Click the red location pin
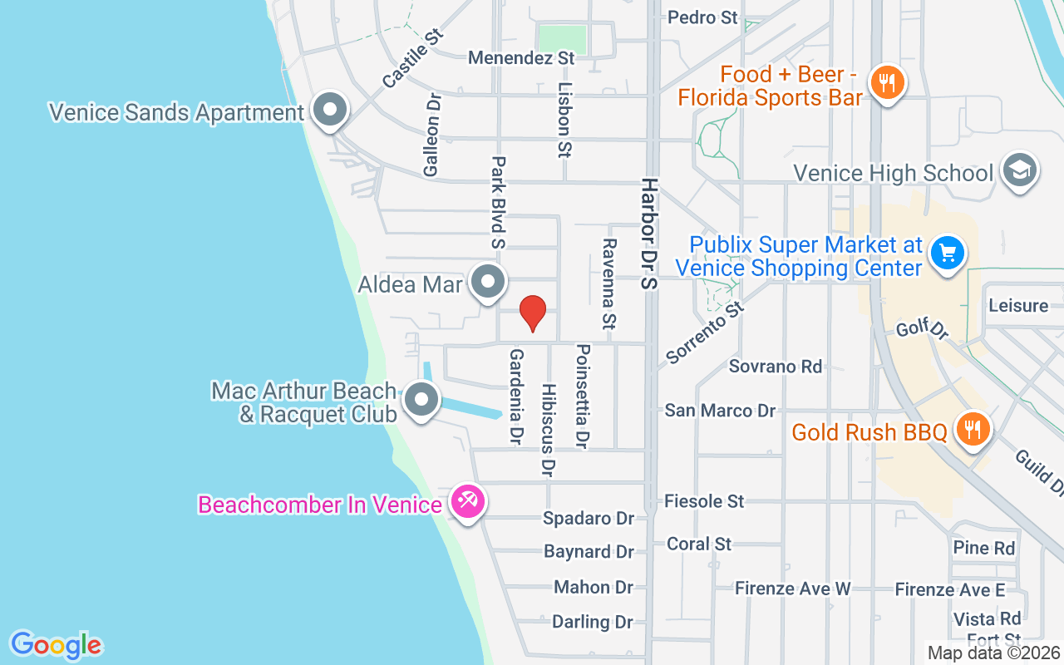(532, 313)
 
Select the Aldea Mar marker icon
(487, 283)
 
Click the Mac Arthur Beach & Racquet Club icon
(421, 401)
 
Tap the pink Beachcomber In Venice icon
(468, 502)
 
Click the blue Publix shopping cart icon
(947, 253)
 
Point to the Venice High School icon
(1020, 170)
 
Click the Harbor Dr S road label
(648, 233)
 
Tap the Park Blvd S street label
(498, 202)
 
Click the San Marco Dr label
(720, 411)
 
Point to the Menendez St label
(521, 58)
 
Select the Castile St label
(411, 58)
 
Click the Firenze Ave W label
(792, 589)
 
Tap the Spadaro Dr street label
(588, 519)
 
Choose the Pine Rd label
(984, 548)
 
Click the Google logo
(56, 645)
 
